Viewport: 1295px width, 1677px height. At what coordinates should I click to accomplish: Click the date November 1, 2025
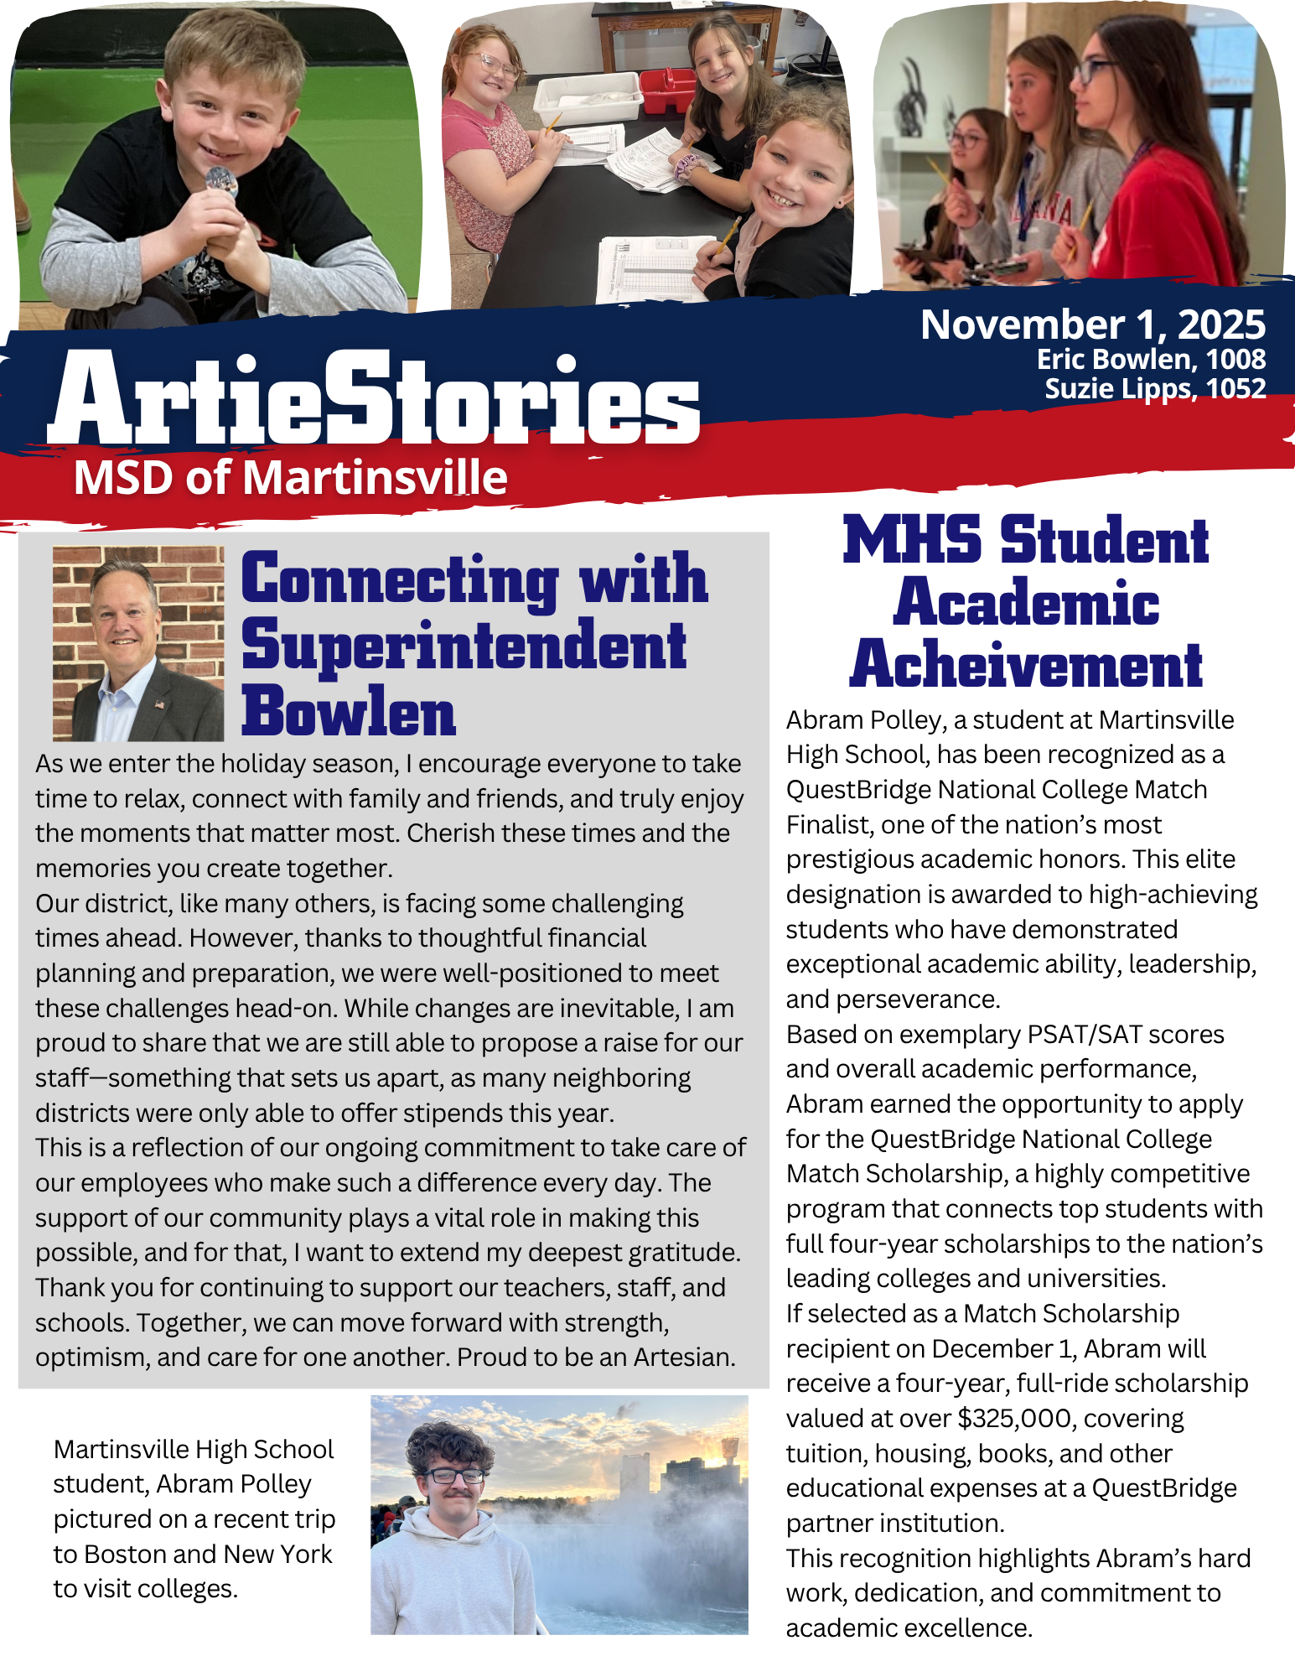point(1092,325)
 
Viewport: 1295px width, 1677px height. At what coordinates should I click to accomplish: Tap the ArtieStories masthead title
point(374,399)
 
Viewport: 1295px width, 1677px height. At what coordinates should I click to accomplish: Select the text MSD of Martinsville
point(290,478)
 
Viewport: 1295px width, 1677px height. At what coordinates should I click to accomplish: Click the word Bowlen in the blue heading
point(348,712)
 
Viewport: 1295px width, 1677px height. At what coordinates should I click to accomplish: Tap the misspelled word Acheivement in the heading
point(1025,666)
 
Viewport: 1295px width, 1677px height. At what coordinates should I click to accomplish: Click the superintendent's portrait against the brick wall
point(138,644)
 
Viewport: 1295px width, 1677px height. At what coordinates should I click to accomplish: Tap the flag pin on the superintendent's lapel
point(160,704)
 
